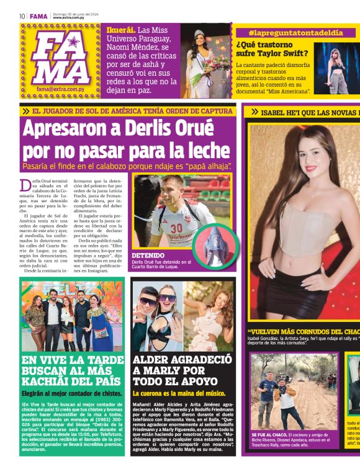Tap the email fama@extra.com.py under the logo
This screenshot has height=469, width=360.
click(61, 89)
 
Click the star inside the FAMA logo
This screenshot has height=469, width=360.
click(74, 42)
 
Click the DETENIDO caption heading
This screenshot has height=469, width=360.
click(148, 255)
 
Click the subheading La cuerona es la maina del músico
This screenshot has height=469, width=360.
click(179, 393)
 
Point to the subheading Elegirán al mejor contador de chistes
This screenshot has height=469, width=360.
click(71, 393)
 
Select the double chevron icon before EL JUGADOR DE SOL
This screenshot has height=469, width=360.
click(26, 111)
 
